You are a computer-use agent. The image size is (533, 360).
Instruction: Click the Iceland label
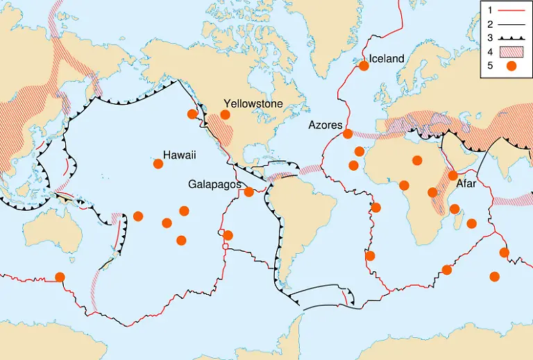pos(386,59)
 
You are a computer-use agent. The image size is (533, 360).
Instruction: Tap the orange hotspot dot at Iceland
pos(363,66)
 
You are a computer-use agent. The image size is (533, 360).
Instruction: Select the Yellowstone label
pos(253,103)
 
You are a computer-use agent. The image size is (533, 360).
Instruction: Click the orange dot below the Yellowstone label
pos(225,114)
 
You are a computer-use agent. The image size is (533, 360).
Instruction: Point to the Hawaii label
pos(180,155)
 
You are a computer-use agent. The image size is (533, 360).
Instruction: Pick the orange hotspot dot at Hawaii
pos(158,164)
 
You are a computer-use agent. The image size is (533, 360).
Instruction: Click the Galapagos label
pos(214,185)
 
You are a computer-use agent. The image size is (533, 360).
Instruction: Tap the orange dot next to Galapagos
pos(248,191)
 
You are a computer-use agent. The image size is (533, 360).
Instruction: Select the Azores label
pos(325,125)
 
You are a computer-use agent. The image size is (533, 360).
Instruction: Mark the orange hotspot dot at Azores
pos(348,134)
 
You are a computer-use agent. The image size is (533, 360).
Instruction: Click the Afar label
pos(465,185)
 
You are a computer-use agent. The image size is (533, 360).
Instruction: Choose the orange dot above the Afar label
pos(452,175)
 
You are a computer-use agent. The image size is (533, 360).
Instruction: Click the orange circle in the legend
pos(511,67)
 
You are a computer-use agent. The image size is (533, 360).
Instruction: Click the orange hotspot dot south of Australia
pos(60,277)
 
